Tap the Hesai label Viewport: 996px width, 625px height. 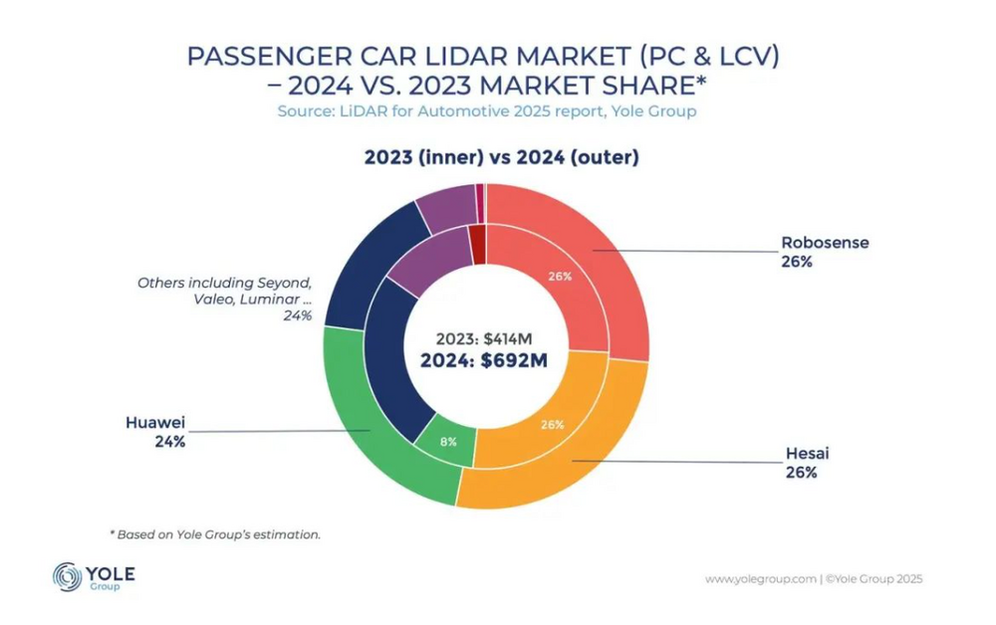click(x=807, y=454)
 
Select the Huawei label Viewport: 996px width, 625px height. click(x=155, y=421)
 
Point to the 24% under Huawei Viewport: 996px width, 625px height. click(x=169, y=441)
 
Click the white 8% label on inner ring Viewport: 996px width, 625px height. click(x=447, y=440)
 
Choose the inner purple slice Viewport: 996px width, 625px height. click(x=423, y=261)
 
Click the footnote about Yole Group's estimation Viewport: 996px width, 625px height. click(x=214, y=534)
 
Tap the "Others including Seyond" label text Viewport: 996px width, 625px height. click(x=224, y=283)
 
